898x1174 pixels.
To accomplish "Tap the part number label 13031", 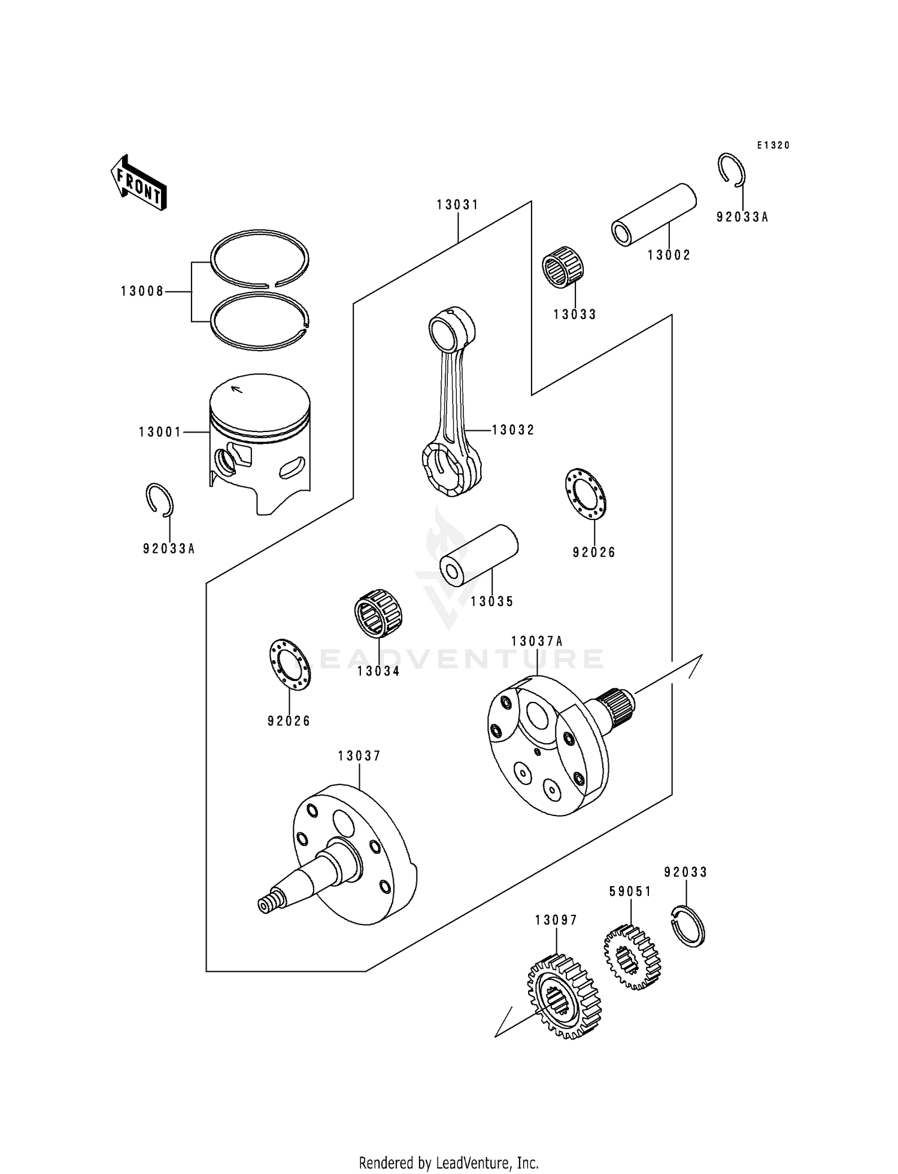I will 457,205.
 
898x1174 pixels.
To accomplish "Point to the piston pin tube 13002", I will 654,214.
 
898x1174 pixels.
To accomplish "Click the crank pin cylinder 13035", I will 479,555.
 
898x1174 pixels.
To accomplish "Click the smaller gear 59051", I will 632,957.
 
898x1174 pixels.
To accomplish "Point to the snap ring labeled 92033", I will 688,926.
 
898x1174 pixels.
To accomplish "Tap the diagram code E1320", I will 773,145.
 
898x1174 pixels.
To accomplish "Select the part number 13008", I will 142,291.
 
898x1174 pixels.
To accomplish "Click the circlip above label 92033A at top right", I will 731,168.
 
